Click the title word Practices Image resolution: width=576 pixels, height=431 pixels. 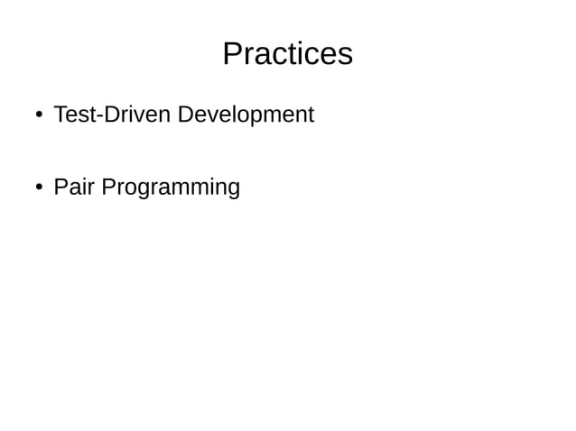point(287,54)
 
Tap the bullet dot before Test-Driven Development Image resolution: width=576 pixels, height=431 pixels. point(40,115)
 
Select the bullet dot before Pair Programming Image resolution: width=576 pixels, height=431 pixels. point(40,188)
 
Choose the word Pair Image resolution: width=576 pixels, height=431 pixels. point(74,188)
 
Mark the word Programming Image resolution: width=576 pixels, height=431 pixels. point(171,188)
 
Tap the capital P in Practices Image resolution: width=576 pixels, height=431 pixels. point(232,54)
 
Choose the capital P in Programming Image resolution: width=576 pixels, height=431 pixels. point(108,188)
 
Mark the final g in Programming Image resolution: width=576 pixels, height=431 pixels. point(233,189)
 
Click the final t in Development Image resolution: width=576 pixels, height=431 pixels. point(311,115)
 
